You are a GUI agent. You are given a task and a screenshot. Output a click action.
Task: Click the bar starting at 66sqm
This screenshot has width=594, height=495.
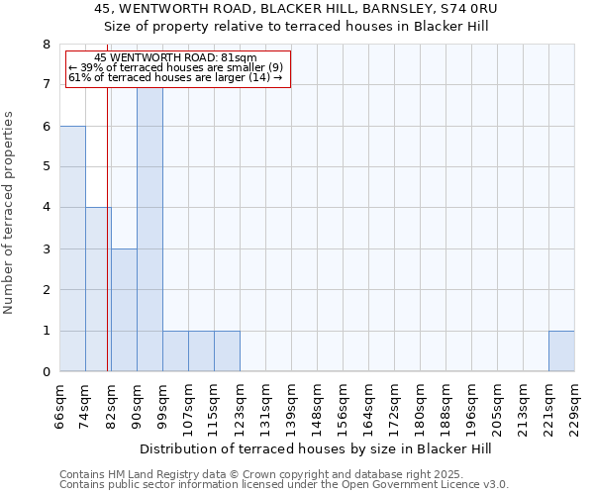(72, 248)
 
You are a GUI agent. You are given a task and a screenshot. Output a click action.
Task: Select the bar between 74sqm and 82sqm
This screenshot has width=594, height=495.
(98, 289)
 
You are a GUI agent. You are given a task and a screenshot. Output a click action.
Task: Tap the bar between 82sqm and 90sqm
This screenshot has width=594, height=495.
(124, 310)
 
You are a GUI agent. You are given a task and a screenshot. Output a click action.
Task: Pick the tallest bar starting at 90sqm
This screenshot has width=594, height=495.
(149, 229)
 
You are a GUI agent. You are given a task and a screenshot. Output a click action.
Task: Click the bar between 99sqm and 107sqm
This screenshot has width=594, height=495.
(175, 350)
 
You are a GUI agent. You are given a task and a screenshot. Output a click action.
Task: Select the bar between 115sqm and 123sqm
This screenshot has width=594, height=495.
(227, 350)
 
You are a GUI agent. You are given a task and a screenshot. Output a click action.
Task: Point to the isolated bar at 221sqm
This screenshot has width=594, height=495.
(561, 350)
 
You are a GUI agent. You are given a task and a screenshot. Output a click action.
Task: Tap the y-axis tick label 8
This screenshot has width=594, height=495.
(47, 45)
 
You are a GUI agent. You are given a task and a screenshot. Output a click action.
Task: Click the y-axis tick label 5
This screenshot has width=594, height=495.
(47, 167)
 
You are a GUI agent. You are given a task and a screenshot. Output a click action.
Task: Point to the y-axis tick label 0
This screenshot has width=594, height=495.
(47, 372)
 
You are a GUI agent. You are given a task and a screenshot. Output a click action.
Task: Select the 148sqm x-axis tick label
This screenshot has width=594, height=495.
(317, 408)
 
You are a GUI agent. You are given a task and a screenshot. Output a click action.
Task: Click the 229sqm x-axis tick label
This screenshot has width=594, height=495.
(574, 408)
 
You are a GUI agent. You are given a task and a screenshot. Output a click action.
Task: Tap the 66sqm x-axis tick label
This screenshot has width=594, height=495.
(59, 408)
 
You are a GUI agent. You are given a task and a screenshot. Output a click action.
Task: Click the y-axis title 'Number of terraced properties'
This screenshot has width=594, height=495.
(9, 213)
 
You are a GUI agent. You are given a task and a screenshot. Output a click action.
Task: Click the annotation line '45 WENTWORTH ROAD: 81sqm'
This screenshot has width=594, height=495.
(178, 57)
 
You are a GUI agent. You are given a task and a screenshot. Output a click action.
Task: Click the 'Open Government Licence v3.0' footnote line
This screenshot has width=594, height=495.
(284, 485)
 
